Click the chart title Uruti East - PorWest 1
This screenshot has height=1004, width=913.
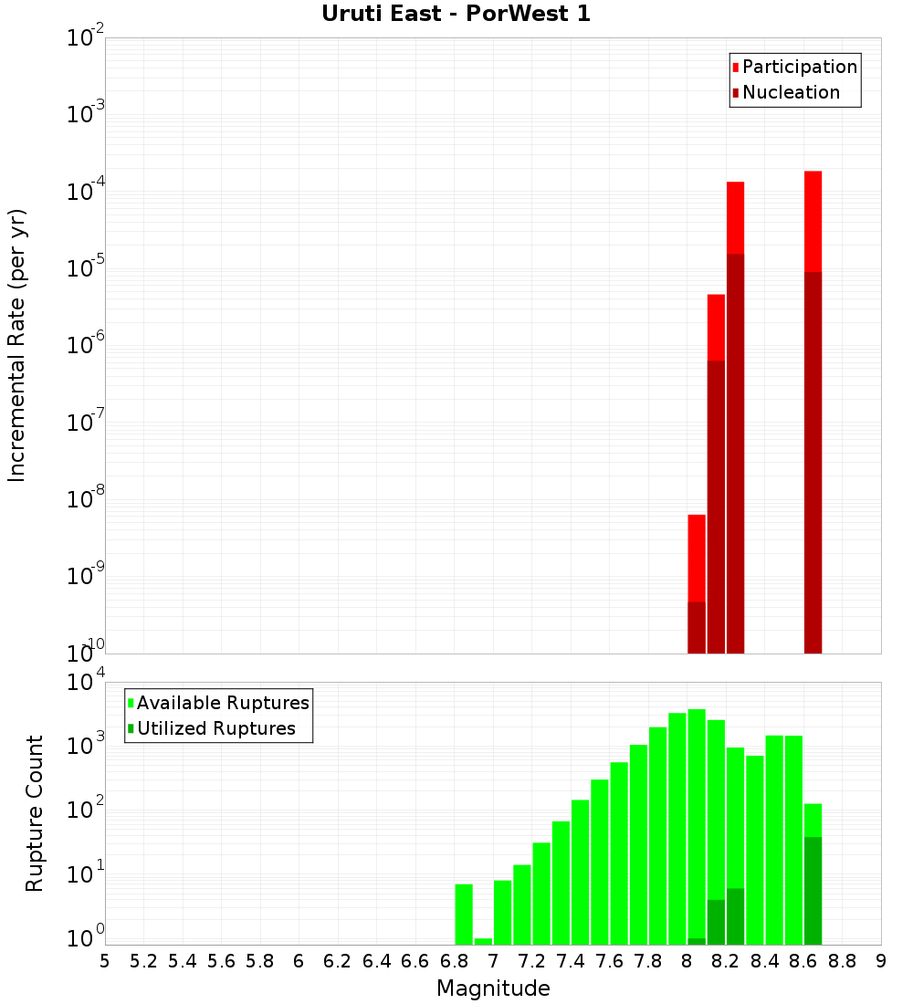[x=456, y=14]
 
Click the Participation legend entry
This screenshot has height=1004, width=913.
[x=799, y=67]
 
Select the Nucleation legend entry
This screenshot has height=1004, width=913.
[x=791, y=92]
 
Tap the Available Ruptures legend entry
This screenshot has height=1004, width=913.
[x=222, y=703]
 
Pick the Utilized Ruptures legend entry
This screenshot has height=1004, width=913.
[x=215, y=728]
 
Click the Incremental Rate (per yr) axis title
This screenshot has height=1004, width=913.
[x=16, y=345]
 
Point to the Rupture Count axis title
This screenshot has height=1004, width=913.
[x=35, y=812]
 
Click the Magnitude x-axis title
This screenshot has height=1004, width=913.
[x=493, y=988]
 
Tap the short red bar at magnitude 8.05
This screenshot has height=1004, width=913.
[x=697, y=557]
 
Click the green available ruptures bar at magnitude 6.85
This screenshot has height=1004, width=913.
[x=464, y=913]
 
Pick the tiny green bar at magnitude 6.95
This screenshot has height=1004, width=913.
[x=483, y=941]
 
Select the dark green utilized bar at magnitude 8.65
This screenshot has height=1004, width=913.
[x=813, y=890]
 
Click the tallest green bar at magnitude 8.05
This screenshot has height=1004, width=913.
[x=697, y=821]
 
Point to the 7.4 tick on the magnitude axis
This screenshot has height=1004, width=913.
[x=571, y=961]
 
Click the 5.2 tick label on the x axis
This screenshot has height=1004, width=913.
[x=143, y=961]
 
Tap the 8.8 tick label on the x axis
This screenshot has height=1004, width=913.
[x=842, y=961]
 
